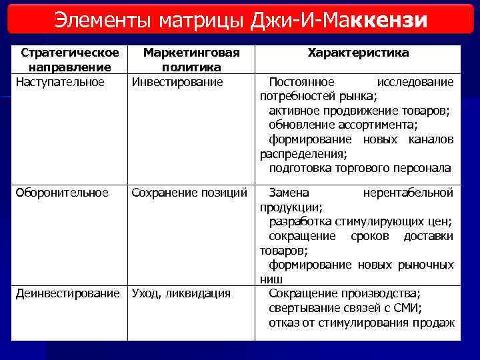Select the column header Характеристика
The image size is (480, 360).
(x=358, y=52)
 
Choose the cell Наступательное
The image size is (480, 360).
(x=60, y=82)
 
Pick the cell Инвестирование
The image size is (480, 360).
(x=177, y=82)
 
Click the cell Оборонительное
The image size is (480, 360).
(x=61, y=193)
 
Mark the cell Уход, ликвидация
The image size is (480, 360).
(x=181, y=293)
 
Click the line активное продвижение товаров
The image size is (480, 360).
(x=359, y=111)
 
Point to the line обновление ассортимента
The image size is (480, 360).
(x=343, y=125)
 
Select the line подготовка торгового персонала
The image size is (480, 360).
(x=359, y=168)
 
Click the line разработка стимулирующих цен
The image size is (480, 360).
(x=360, y=221)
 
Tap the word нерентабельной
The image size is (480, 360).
(x=408, y=193)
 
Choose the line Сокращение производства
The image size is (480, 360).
(x=344, y=293)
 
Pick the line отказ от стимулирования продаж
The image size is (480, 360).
(x=361, y=323)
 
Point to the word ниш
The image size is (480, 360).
(x=271, y=279)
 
